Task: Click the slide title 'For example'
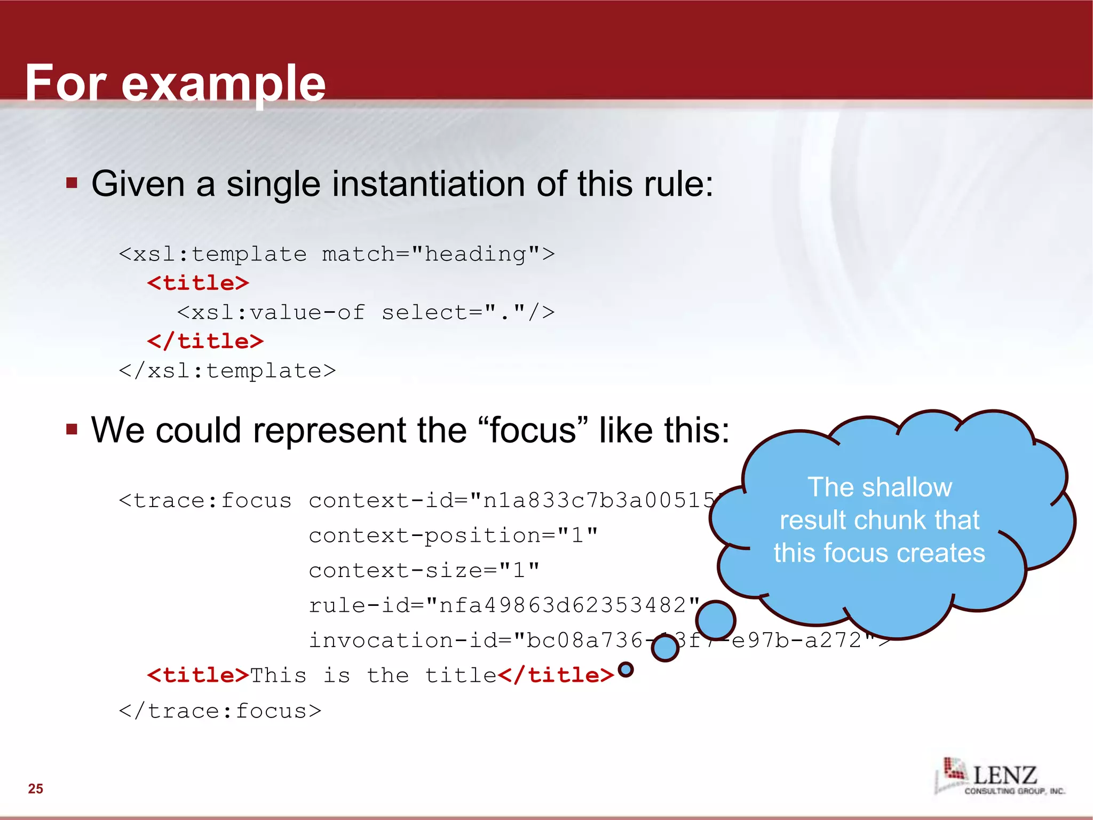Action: [x=175, y=83]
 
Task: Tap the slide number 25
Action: [x=36, y=789]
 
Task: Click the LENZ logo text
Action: [x=1005, y=775]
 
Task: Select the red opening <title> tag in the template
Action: [x=198, y=283]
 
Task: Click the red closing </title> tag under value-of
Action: [x=205, y=341]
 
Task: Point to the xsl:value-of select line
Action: [x=366, y=312]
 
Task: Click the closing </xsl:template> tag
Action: [x=227, y=370]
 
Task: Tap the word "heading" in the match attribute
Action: [x=475, y=254]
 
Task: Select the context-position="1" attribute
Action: [x=453, y=535]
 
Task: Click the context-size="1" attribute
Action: [x=424, y=570]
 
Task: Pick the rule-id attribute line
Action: [x=504, y=605]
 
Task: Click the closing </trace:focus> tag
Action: [x=220, y=711]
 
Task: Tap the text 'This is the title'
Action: [x=373, y=675]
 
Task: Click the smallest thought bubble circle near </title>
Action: [x=625, y=669]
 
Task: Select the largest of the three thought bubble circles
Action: [x=716, y=620]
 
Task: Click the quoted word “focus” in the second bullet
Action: [x=533, y=430]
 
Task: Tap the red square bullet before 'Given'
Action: [x=72, y=183]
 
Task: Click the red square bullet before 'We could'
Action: [x=72, y=429]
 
